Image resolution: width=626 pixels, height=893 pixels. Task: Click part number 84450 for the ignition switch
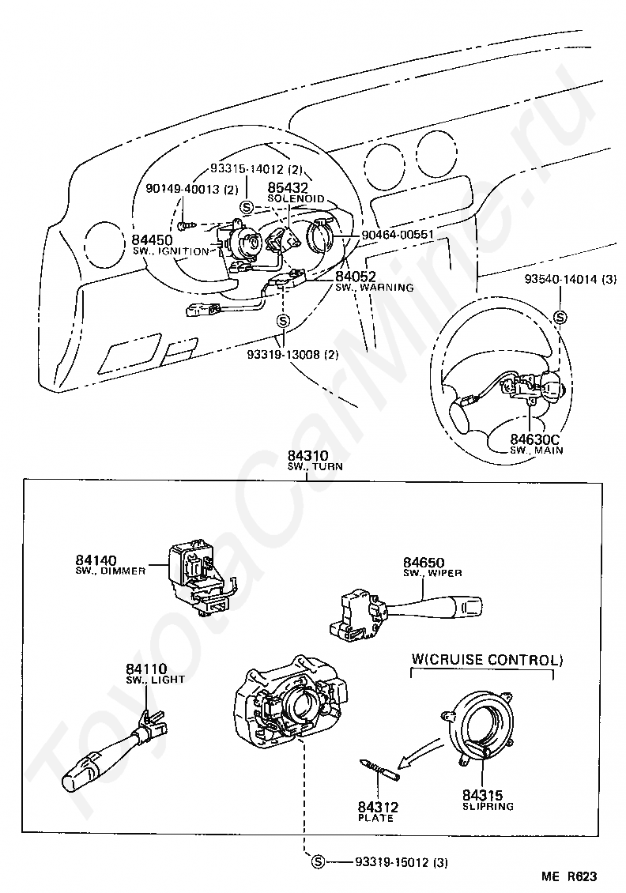[x=152, y=239]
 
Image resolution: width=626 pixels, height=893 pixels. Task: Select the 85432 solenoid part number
[x=288, y=187]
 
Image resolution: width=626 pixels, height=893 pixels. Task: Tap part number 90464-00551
[x=398, y=234]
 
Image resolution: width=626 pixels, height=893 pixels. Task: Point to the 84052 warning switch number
[x=356, y=277]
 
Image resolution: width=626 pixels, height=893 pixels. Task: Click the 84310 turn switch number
[x=307, y=456]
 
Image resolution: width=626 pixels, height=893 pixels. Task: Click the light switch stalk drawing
[x=114, y=750]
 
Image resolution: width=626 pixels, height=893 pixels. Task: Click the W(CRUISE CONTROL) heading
[x=487, y=660]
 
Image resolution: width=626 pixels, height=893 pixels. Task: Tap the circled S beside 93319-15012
[x=318, y=862]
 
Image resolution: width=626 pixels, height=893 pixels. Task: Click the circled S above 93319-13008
[x=283, y=322]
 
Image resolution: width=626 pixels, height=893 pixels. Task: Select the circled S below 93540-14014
[x=560, y=317]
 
